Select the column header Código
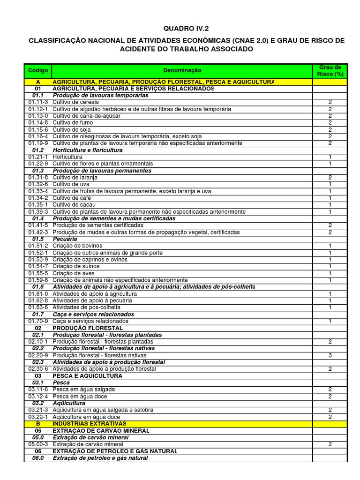click(38, 70)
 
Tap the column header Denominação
click(182, 70)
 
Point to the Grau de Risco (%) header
click(330, 70)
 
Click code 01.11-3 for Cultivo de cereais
click(38, 102)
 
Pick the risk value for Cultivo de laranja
click(330, 178)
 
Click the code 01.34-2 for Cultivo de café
click(38, 198)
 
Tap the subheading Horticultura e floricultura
click(88, 150)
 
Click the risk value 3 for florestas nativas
click(330, 356)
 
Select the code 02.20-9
click(38, 356)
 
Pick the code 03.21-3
click(38, 410)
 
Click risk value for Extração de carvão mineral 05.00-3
click(330, 444)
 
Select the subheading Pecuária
click(65, 239)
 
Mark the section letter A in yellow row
click(38, 82)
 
